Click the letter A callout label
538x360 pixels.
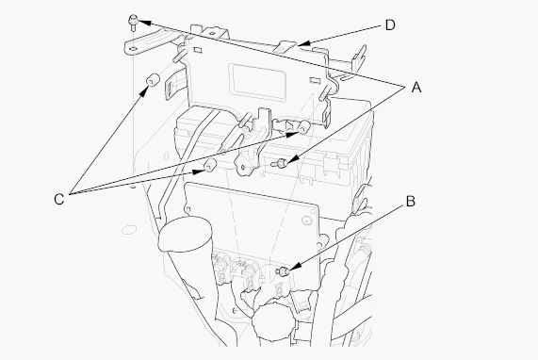click(416, 87)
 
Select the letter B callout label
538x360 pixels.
click(411, 202)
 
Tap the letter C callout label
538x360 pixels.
click(59, 199)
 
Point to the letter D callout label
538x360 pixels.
click(390, 25)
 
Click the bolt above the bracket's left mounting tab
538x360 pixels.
click(133, 22)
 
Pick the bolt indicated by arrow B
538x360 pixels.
click(283, 271)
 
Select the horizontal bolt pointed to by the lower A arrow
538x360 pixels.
click(279, 164)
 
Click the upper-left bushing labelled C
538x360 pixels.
click(152, 81)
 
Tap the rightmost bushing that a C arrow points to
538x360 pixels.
click(303, 127)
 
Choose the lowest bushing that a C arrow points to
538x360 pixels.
click(210, 166)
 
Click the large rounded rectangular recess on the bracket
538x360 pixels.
click(257, 82)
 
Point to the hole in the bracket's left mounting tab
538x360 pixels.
click(133, 48)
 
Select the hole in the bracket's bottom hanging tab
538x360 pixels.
click(242, 168)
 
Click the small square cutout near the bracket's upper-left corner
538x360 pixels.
click(197, 50)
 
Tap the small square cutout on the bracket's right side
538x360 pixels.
click(314, 80)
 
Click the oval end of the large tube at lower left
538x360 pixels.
click(186, 234)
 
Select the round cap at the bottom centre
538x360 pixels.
click(273, 320)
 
